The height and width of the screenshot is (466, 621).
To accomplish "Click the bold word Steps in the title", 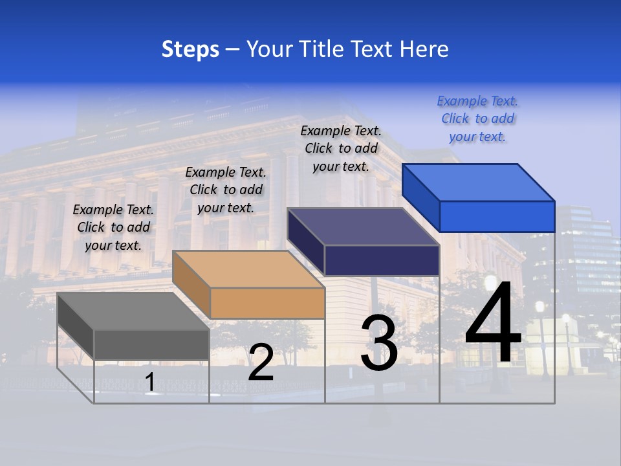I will (x=190, y=49).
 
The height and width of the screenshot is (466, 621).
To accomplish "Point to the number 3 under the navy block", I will (x=379, y=343).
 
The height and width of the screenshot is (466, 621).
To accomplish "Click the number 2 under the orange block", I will (x=261, y=362).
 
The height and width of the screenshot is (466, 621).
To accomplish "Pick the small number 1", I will (x=150, y=382).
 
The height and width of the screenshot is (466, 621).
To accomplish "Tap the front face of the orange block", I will (x=268, y=303).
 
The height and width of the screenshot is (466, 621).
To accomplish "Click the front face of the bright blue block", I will (x=497, y=216).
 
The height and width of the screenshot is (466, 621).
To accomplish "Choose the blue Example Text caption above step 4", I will (x=477, y=118).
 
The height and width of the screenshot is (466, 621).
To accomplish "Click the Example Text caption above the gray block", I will (x=113, y=227).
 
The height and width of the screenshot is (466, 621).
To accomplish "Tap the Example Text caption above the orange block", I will (x=226, y=190).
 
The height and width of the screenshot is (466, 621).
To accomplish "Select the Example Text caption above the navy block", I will (x=341, y=148).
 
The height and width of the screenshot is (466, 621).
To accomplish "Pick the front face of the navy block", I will (x=382, y=260).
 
